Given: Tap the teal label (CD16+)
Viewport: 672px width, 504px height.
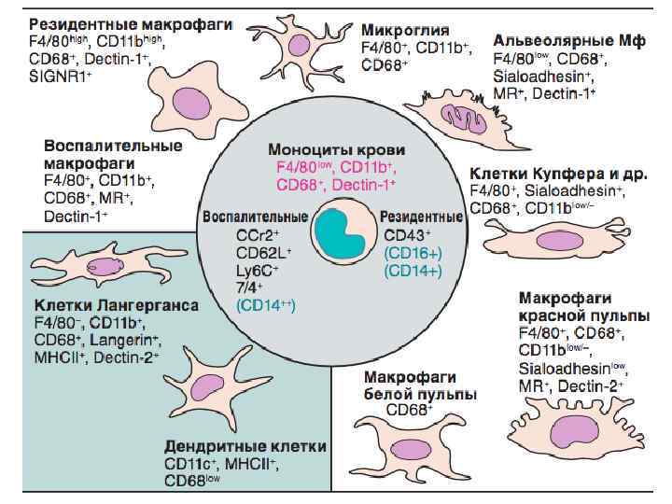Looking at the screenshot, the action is [x=413, y=253].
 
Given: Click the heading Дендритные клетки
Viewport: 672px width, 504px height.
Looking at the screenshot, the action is [x=245, y=446].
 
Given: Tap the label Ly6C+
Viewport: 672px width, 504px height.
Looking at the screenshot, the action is [x=258, y=270].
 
